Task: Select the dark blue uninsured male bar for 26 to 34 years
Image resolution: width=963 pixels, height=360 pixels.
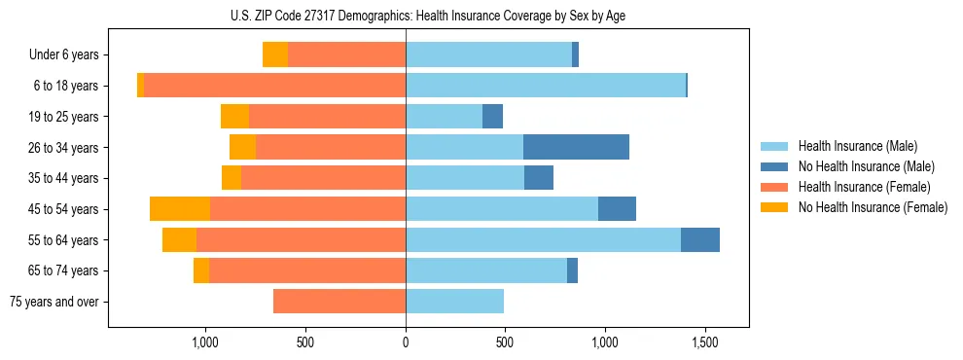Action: [x=576, y=147]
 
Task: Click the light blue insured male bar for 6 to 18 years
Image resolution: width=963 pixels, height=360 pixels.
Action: [x=545, y=86]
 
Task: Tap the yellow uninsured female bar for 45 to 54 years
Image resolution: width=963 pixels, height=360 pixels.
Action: [x=180, y=208]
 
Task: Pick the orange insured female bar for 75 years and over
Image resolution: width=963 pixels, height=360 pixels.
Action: [x=339, y=302]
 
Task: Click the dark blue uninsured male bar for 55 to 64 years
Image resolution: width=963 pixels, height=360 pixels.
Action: [x=699, y=239]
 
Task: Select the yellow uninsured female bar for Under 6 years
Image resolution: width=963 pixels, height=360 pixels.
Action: [x=275, y=54]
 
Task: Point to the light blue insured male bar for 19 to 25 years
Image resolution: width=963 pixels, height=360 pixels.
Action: [x=444, y=116]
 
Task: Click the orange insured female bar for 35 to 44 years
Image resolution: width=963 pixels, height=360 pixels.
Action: [x=323, y=178]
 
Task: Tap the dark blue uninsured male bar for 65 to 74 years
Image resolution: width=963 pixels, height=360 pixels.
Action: [x=572, y=270]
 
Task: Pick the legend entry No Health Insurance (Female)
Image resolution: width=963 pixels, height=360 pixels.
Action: [x=871, y=207]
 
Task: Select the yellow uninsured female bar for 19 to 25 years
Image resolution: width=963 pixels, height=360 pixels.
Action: [x=234, y=116]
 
